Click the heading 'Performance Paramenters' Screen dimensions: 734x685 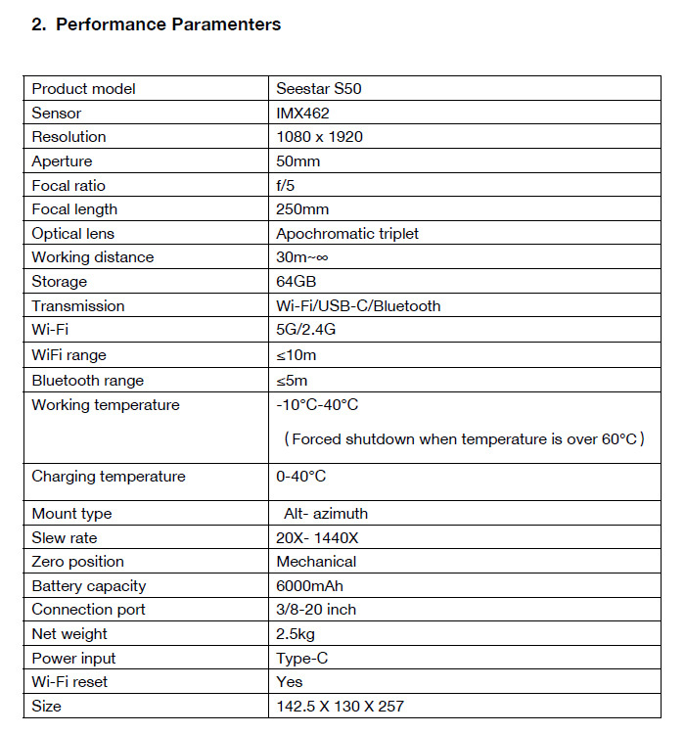click(x=168, y=24)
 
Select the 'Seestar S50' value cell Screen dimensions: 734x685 click(x=320, y=89)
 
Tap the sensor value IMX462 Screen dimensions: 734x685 click(x=302, y=113)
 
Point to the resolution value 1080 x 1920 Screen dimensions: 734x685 click(x=319, y=137)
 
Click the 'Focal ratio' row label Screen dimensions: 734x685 click(x=68, y=185)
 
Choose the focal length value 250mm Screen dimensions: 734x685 click(x=302, y=209)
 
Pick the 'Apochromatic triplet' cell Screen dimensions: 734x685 click(x=347, y=233)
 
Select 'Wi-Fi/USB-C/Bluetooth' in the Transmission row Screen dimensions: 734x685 click(x=358, y=306)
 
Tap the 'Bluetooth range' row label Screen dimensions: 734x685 click(x=88, y=380)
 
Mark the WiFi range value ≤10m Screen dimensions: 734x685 click(x=297, y=355)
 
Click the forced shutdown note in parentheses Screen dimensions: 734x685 click(x=464, y=439)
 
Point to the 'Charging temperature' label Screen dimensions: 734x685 click(x=109, y=477)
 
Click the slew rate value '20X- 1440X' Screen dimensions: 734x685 click(x=318, y=538)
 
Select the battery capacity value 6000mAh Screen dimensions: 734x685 click(x=309, y=586)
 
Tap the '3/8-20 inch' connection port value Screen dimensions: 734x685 click(x=316, y=610)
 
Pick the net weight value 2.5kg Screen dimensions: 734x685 click(x=296, y=634)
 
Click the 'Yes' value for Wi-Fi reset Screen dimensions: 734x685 click(x=290, y=682)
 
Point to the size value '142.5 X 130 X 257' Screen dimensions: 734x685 click(x=340, y=706)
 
